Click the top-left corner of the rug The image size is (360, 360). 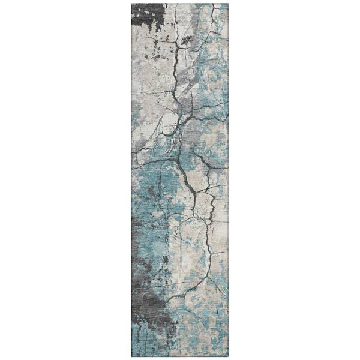pyautogui.click(x=131, y=4)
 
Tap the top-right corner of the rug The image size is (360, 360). pyautogui.click(x=228, y=4)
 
